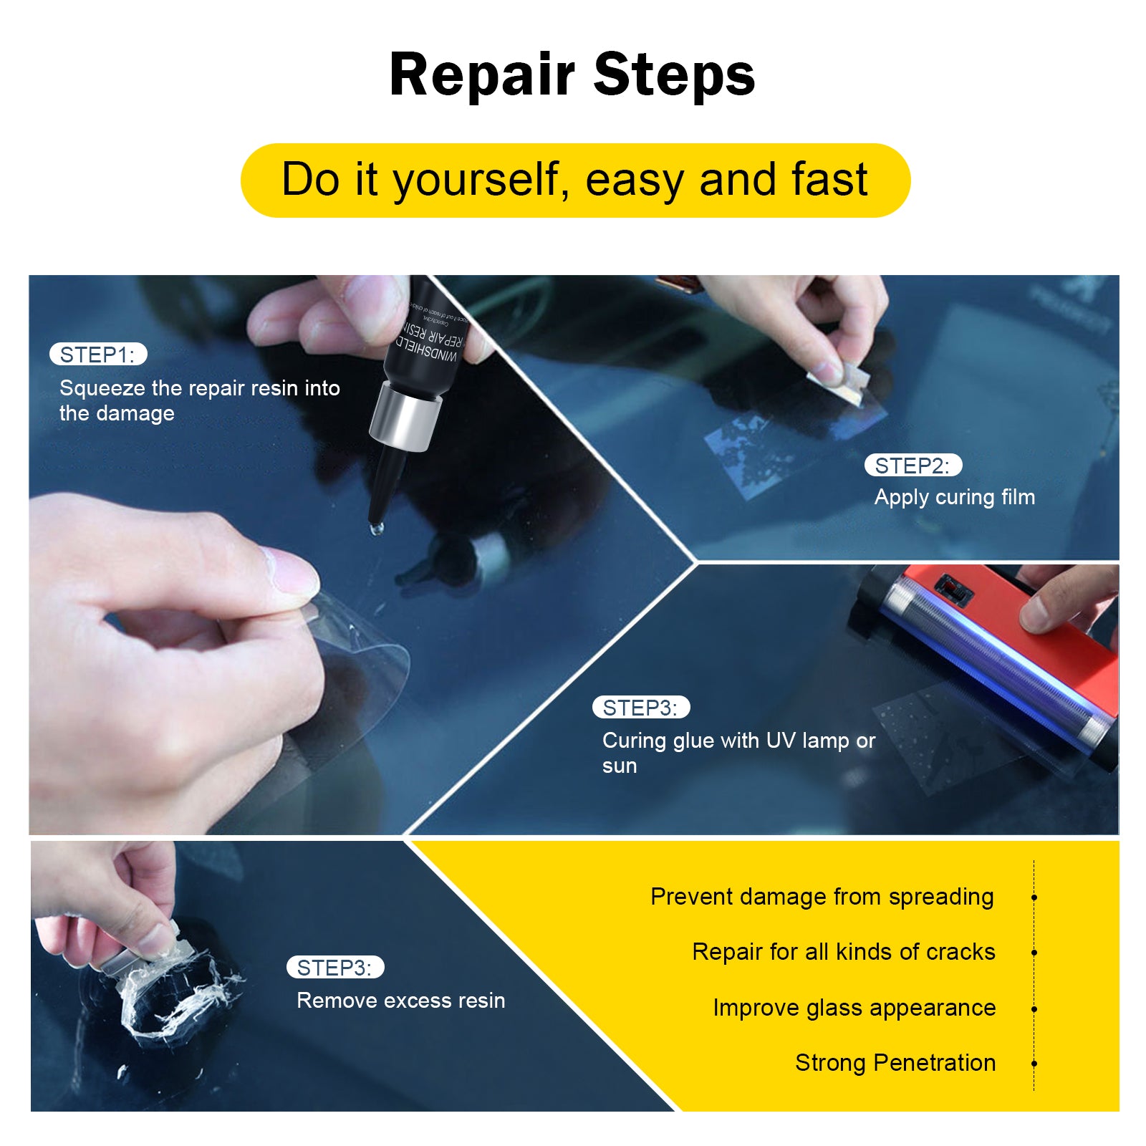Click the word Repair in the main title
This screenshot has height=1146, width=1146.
tap(481, 76)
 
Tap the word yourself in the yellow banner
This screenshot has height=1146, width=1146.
tap(476, 180)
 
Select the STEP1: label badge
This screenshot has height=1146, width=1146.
tap(98, 355)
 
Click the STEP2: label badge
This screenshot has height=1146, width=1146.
tap(913, 466)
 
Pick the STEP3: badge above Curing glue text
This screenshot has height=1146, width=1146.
tap(640, 708)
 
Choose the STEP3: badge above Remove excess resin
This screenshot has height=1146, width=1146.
tap(335, 968)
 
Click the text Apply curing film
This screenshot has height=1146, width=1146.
tap(954, 497)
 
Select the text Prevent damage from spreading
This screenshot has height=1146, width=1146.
tap(822, 897)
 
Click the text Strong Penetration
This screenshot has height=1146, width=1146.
tap(895, 1063)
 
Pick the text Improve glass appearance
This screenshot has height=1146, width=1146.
tap(854, 1008)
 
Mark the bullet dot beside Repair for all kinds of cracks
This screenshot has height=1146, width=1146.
tap(1034, 953)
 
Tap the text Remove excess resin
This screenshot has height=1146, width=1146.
tap(400, 1001)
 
